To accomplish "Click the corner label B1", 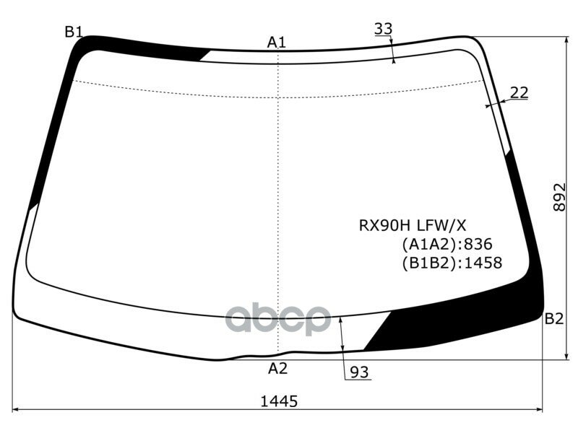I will point(74,32).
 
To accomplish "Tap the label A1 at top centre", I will point(277,43).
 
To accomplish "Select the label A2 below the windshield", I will point(278,369).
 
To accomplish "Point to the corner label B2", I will point(553,318).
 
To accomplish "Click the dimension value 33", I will point(384,29).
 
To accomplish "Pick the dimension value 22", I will point(519,92).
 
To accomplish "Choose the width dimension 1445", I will point(278,401).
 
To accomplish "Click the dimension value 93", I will point(359,372).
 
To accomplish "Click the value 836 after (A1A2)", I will point(478,245).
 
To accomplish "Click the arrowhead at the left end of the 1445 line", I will point(17,410).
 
